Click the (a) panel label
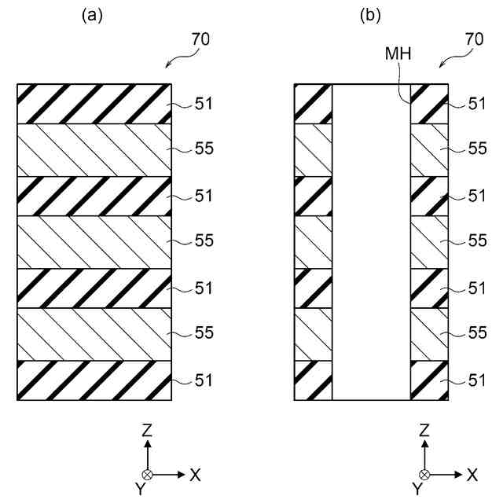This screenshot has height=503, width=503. pos(94,14)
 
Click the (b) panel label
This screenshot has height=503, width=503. pos(371,14)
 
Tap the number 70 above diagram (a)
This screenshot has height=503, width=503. pos(201,38)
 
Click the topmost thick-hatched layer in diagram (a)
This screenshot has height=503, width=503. pos(94,103)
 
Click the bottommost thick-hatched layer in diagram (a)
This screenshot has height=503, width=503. pos(94,380)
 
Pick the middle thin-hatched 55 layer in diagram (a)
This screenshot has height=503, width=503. pos(94,241)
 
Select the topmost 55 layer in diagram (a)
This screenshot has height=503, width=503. pos(94,149)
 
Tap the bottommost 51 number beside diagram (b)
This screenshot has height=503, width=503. pos(477,380)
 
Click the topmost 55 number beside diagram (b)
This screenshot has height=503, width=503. pos(477,149)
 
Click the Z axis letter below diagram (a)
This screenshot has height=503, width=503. pos(147,431)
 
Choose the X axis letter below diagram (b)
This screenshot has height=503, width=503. pos(472,475)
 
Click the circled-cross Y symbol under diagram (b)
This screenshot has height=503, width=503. pos(424,475)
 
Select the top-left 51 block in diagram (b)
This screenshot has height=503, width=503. pos(313,103)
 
